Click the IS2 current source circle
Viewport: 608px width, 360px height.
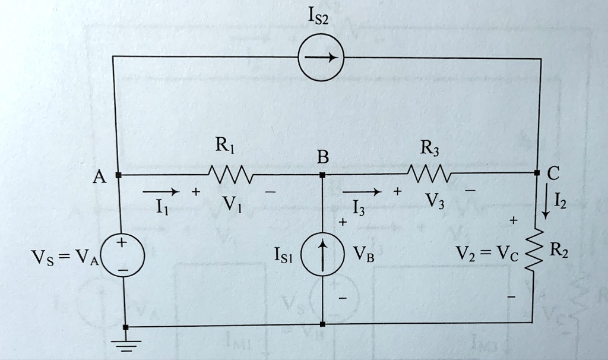click(x=321, y=58)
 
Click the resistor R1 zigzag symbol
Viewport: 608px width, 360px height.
click(x=231, y=175)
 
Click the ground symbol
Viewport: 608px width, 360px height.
click(x=124, y=343)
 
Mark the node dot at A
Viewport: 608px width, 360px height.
click(x=119, y=175)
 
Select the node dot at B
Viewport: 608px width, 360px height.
click(x=322, y=175)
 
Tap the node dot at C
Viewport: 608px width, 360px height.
click(x=536, y=173)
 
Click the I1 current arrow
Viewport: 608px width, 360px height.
click(x=160, y=192)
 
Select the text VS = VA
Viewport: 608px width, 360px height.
click(x=66, y=257)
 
